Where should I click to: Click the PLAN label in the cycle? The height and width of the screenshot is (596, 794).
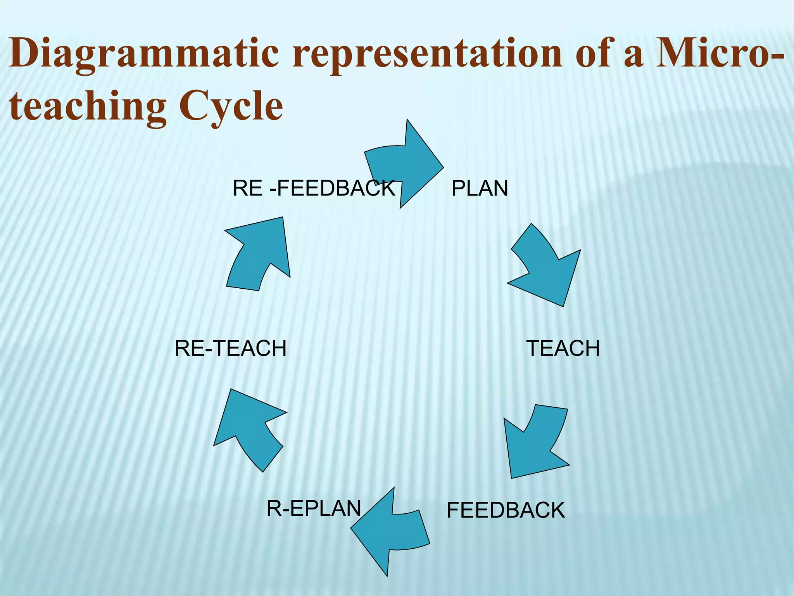point(480,189)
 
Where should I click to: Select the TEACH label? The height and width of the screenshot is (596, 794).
point(563,348)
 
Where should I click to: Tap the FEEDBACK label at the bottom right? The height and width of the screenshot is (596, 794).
point(506,510)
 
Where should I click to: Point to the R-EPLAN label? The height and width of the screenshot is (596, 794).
point(314,508)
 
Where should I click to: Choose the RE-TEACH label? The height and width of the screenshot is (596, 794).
point(231,348)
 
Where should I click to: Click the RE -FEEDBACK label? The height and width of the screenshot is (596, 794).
point(313,189)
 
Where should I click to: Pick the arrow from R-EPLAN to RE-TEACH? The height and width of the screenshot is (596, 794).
point(248,427)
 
